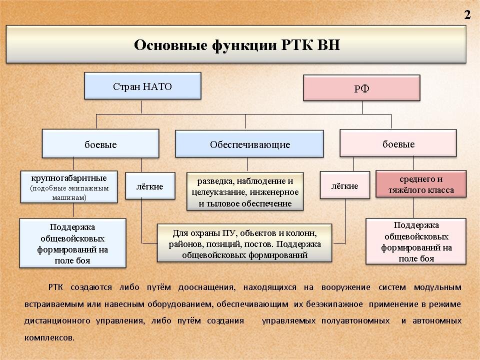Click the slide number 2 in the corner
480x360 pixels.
(x=467, y=15)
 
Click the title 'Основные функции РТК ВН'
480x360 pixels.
(x=236, y=45)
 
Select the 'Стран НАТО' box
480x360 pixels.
(x=142, y=86)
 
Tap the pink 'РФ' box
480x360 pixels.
(x=361, y=88)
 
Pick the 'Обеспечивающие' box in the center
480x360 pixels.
(x=249, y=144)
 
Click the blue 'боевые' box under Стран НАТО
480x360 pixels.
(x=100, y=144)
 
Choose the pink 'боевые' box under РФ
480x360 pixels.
(x=398, y=143)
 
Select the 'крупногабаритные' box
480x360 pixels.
(x=69, y=187)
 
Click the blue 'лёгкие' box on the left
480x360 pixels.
(x=150, y=186)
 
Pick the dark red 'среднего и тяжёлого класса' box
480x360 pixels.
(x=421, y=184)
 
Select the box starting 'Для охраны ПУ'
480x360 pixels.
(x=244, y=243)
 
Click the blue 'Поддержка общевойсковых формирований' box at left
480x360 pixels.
(x=72, y=243)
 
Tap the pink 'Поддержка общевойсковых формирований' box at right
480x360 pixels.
(x=416, y=241)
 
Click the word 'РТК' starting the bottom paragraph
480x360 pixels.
(x=55, y=287)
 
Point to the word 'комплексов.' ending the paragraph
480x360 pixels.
(x=49, y=337)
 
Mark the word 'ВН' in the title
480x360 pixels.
(x=328, y=45)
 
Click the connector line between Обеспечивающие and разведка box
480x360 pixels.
(x=245, y=165)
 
